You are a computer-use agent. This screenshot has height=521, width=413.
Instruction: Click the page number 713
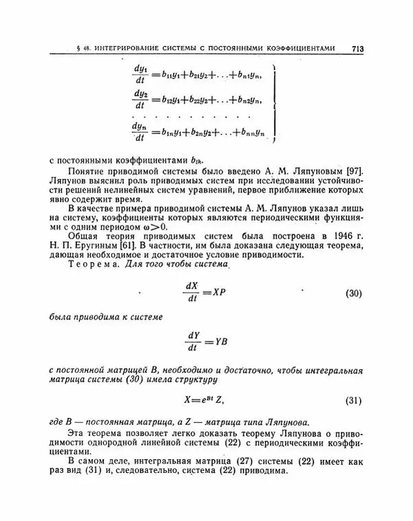(x=357, y=49)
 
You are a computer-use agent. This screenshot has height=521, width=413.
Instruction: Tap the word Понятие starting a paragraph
(x=88, y=170)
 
